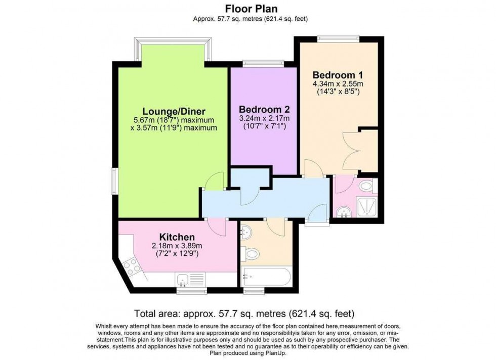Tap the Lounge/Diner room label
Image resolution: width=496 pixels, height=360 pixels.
(174, 111)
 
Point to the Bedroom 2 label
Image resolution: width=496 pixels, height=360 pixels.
(264, 109)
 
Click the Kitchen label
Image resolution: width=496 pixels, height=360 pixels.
(177, 237)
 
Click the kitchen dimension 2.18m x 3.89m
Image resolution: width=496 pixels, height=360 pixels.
(177, 246)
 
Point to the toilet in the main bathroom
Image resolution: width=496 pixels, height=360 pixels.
(251, 252)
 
